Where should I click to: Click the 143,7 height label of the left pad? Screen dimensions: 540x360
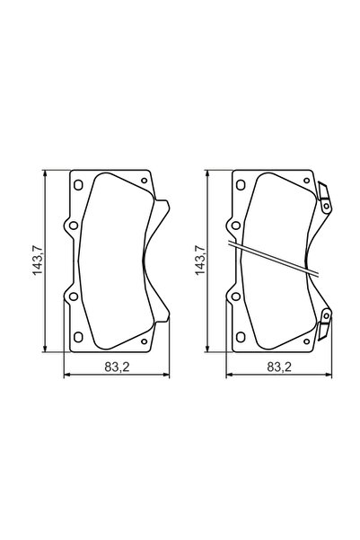[x=39, y=260]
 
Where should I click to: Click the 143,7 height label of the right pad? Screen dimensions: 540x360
[x=200, y=260]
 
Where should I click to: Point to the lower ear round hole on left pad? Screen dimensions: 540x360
[x=70, y=295]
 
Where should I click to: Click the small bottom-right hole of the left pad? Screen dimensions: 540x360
[x=145, y=341]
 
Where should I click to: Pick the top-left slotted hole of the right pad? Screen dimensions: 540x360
[x=239, y=185]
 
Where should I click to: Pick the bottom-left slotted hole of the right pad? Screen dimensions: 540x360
[x=239, y=337]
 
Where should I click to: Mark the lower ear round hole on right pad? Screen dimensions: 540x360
[x=233, y=295]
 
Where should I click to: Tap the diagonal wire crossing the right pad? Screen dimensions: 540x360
[x=274, y=259]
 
